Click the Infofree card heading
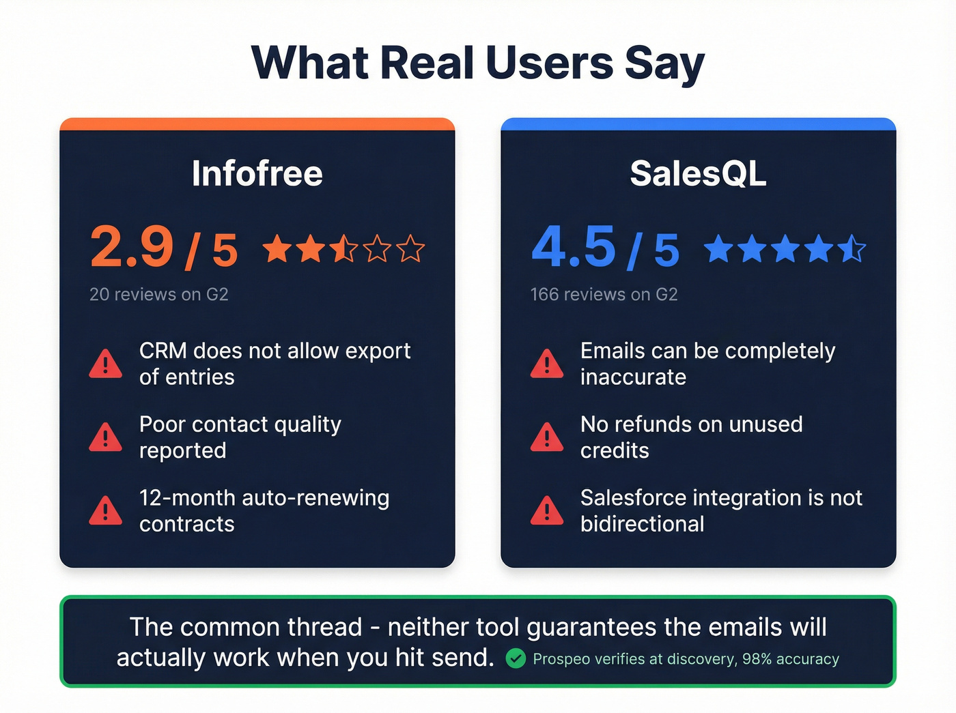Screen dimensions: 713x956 (x=257, y=173)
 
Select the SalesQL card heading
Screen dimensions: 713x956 (x=698, y=173)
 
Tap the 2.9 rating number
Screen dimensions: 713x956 (x=132, y=247)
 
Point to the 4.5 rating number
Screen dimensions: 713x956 (x=574, y=247)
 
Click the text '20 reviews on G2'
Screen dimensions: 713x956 (x=158, y=295)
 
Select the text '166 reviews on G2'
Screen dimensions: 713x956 (x=604, y=295)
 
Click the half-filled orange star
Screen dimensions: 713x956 (x=343, y=249)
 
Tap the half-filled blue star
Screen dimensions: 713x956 (x=852, y=249)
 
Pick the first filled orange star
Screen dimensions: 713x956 (x=277, y=249)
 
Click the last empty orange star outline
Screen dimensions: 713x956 (x=410, y=249)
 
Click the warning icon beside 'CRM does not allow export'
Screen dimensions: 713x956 (x=106, y=364)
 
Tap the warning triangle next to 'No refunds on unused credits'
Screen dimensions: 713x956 (x=547, y=438)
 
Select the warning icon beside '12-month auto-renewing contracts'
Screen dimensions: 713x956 (x=106, y=511)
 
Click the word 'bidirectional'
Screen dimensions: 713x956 (x=642, y=524)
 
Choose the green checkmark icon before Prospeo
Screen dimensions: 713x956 (x=516, y=658)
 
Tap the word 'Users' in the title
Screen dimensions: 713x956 (x=549, y=63)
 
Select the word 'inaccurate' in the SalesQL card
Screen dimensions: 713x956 (x=633, y=377)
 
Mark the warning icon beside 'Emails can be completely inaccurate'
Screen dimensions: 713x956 (x=547, y=364)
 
